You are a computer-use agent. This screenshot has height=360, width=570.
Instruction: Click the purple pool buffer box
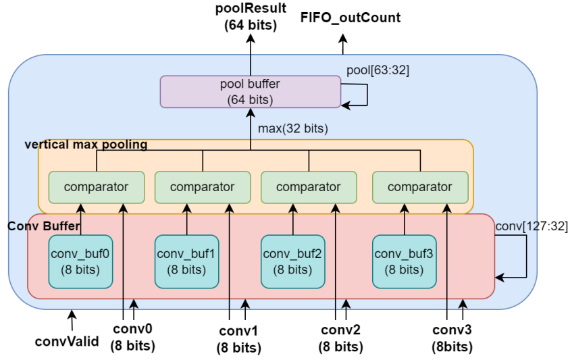tap(250, 92)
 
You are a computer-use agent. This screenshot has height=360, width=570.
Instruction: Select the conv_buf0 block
tap(80, 261)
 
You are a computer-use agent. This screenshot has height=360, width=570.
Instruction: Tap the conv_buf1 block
tap(186, 261)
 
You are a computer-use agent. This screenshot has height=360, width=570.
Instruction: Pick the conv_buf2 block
tap(292, 261)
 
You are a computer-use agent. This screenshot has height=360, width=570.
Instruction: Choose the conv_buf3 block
tap(405, 261)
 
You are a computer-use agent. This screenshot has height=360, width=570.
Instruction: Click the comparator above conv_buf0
tap(97, 187)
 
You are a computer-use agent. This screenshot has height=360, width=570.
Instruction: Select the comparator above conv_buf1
tap(203, 187)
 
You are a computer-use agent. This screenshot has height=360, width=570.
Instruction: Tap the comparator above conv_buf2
tap(309, 187)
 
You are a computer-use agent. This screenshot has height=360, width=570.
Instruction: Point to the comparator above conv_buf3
tap(420, 187)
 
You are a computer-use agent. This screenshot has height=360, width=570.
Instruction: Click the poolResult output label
tap(251, 17)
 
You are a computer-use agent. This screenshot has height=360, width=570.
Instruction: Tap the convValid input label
tap(67, 340)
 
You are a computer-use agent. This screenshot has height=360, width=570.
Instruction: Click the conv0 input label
tap(132, 338)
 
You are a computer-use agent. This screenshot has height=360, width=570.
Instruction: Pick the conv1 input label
tap(239, 339)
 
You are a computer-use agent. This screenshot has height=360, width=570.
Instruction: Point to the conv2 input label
tap(341, 338)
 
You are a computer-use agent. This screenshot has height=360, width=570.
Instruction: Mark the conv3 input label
tap(452, 338)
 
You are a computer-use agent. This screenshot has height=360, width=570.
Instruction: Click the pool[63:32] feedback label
tap(378, 70)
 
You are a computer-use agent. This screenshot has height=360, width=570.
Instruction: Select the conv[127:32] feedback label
tap(532, 226)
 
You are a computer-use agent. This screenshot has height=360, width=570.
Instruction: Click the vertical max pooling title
tap(86, 145)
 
